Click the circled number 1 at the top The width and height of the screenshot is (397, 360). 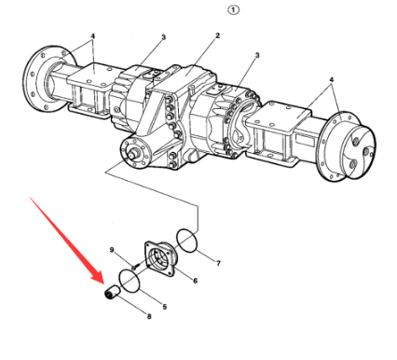click(x=234, y=10)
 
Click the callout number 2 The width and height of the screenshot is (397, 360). click(x=217, y=35)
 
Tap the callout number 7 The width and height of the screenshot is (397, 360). click(x=218, y=263)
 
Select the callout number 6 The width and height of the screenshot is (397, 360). click(x=195, y=281)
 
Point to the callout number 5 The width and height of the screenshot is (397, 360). click(x=165, y=307)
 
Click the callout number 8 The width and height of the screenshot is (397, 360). click(x=149, y=316)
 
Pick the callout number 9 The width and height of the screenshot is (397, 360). click(x=112, y=250)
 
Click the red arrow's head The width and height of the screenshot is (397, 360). click(x=99, y=277)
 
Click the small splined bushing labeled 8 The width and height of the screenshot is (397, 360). click(x=112, y=293)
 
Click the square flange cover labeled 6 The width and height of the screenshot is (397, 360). click(x=160, y=258)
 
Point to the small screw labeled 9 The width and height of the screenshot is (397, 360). click(x=134, y=267)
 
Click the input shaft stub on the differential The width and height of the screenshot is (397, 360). click(x=135, y=153)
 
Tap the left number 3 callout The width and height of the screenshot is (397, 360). click(x=163, y=37)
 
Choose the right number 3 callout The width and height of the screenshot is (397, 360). click(x=257, y=56)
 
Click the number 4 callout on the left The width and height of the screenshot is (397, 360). click(x=92, y=36)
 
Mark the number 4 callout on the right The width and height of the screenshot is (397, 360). click(x=332, y=80)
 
